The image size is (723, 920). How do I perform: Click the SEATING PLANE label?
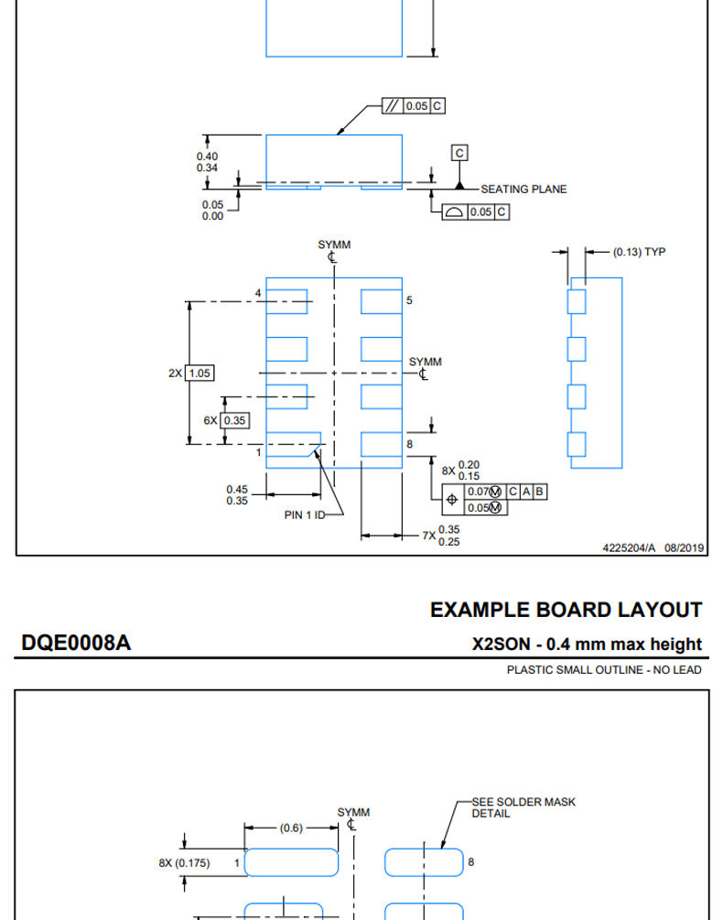(x=523, y=189)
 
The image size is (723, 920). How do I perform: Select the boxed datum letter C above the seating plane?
(x=459, y=153)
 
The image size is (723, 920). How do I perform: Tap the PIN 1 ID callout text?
(x=305, y=514)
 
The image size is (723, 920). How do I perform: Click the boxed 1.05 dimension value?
(x=200, y=373)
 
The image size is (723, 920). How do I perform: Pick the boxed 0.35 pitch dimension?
(x=234, y=421)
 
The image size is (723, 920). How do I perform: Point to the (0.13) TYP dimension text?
(x=639, y=252)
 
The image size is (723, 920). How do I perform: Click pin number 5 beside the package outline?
(x=409, y=300)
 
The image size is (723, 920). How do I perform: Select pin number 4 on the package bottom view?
(x=258, y=293)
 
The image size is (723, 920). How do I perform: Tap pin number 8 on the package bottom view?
(x=409, y=444)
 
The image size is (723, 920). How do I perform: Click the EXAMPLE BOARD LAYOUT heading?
(x=566, y=610)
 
